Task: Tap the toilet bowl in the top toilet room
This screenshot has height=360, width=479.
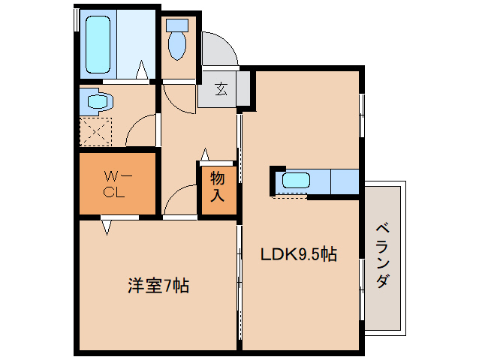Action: (177, 46)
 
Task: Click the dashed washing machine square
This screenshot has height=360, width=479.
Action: (95, 132)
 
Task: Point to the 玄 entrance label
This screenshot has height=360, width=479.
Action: (221, 90)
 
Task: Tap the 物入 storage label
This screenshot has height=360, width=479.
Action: (218, 187)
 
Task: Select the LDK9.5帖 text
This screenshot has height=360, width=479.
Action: (298, 254)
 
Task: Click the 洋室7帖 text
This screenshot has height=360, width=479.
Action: (158, 285)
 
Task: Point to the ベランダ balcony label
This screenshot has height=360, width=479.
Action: (382, 256)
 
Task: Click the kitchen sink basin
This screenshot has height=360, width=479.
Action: (295, 181)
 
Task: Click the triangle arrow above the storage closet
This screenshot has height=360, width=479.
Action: (204, 155)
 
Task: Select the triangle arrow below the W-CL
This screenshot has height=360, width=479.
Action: (107, 225)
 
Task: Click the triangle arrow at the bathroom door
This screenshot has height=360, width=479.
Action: (142, 72)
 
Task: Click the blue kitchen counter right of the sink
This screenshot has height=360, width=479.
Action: (345, 181)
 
